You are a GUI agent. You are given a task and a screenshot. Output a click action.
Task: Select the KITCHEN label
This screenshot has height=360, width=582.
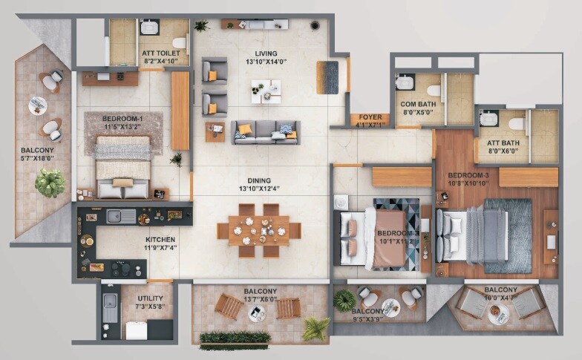[x=160, y=240]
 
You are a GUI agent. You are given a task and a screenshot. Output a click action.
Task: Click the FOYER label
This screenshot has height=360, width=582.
[x=370, y=117]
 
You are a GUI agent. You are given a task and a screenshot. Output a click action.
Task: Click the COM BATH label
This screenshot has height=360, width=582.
[x=417, y=103]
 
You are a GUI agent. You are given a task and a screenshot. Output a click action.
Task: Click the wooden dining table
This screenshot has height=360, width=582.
[x=258, y=229]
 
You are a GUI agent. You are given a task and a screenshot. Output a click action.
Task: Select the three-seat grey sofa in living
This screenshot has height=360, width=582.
[x=266, y=131]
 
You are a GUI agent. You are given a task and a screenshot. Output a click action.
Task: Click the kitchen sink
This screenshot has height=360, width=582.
[x=121, y=216]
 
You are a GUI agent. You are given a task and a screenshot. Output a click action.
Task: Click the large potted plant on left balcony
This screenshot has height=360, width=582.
[x=50, y=183]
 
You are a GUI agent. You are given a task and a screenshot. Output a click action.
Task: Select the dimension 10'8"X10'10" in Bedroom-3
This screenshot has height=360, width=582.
[x=467, y=183]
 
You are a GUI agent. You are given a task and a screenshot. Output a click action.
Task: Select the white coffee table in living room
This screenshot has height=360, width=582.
[x=266, y=92]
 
